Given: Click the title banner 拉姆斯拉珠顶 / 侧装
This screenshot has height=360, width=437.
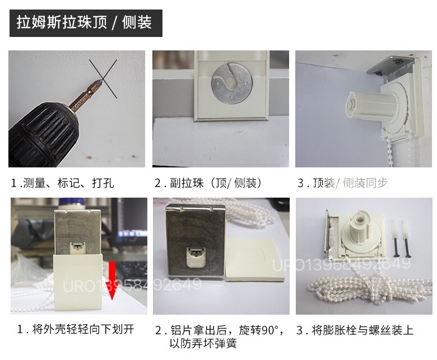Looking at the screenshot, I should point(85,23).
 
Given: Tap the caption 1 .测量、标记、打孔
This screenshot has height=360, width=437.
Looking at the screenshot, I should point(63,183).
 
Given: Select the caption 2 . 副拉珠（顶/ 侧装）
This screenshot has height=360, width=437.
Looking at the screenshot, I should point(208,183).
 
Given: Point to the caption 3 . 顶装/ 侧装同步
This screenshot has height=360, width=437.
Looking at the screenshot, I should point(342,183).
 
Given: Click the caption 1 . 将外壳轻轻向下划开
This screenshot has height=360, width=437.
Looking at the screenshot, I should point(76,329).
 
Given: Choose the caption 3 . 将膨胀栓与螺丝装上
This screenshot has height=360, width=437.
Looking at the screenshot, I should point(355,329).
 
